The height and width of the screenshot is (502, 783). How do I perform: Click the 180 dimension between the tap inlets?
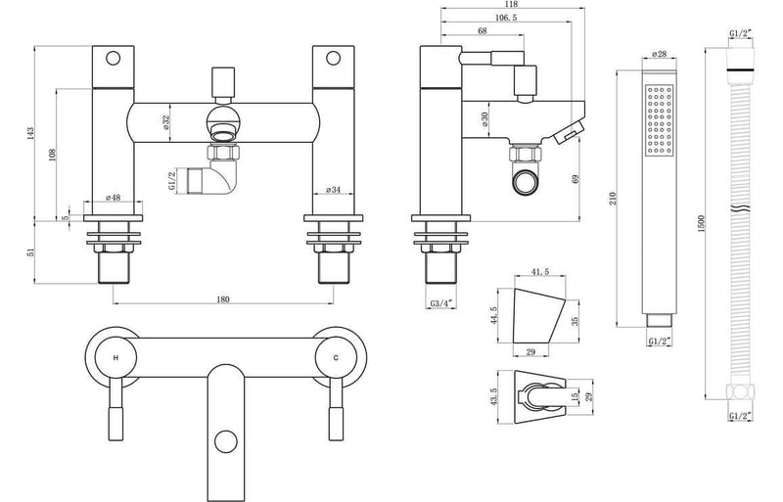(223, 299)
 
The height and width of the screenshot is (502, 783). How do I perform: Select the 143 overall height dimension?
(30, 132)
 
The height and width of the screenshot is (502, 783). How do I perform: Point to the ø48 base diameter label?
(113, 198)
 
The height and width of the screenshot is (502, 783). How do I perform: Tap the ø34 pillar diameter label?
(333, 190)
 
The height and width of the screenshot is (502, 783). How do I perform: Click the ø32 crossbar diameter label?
(166, 123)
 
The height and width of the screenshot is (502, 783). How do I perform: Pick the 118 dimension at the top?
(511, 4)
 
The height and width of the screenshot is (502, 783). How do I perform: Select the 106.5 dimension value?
(506, 18)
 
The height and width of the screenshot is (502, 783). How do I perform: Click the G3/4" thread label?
(441, 303)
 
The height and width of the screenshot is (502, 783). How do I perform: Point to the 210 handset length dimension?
(614, 199)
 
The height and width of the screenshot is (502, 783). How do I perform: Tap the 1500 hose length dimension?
(700, 223)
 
